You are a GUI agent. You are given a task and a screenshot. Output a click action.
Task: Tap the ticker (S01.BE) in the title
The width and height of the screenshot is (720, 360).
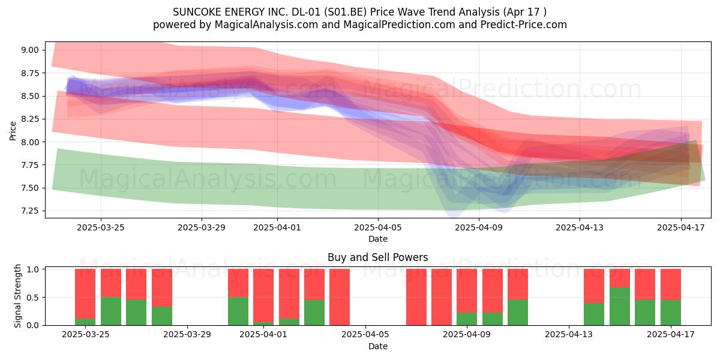click(x=345, y=12)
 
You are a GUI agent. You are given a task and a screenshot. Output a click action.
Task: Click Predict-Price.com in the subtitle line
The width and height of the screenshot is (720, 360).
click(x=524, y=25)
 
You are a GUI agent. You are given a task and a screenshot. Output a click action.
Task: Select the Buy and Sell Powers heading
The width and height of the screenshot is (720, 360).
click(x=377, y=257)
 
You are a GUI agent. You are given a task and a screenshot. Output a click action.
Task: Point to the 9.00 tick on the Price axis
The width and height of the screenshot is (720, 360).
click(x=30, y=50)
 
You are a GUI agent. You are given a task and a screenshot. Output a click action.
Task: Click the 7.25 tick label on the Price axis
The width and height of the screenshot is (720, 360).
click(x=30, y=211)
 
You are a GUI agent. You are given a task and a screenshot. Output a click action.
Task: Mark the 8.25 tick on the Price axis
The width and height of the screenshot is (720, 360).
click(x=30, y=119)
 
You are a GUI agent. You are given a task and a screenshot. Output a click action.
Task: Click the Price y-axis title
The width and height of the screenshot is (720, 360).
click(x=13, y=131)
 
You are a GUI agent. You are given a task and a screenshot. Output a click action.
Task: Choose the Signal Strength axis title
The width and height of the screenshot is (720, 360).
click(x=17, y=296)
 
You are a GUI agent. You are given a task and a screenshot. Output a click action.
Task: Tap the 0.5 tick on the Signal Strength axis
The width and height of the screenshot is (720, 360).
click(x=34, y=298)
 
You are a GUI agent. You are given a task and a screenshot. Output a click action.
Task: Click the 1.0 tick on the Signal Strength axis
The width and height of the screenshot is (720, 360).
click(x=34, y=269)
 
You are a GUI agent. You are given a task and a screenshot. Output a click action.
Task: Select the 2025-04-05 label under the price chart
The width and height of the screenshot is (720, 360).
click(x=377, y=227)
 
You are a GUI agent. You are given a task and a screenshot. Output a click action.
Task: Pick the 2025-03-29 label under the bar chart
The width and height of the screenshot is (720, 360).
click(x=187, y=334)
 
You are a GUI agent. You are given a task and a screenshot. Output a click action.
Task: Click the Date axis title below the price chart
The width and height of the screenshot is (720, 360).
click(x=377, y=239)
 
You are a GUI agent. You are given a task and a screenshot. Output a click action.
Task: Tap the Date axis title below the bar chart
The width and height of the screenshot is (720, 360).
click(x=377, y=346)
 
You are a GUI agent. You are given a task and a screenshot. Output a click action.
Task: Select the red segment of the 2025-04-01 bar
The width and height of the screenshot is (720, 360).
click(x=263, y=295)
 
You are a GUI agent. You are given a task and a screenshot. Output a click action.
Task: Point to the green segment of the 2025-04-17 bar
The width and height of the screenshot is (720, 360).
click(x=671, y=313)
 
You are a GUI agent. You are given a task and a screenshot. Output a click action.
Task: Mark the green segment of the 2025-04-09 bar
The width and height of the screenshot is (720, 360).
click(x=467, y=319)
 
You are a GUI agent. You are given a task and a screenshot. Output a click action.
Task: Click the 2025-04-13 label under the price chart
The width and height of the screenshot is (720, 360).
click(x=580, y=227)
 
